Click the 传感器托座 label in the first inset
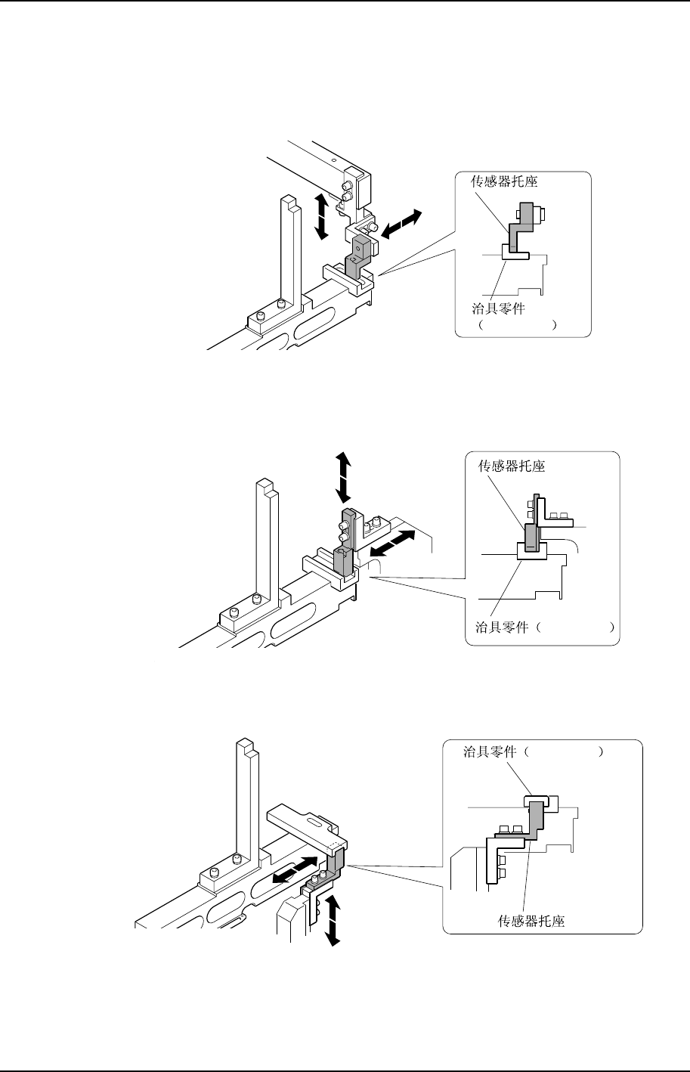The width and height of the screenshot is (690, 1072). (495, 182)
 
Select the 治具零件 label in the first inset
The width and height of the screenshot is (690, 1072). (495, 308)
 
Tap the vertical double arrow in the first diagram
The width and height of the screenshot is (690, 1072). (321, 215)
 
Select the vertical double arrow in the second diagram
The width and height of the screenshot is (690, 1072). (343, 477)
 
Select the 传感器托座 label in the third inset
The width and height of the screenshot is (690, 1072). (531, 921)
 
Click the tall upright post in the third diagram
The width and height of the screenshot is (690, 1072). (243, 801)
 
